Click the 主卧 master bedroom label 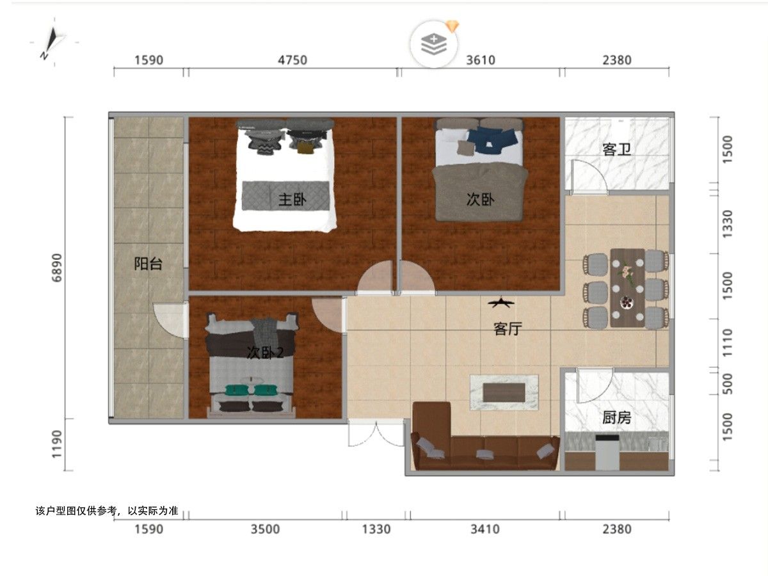click(x=292, y=200)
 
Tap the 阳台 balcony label click(x=148, y=264)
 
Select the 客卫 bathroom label click(x=616, y=150)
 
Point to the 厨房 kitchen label click(x=616, y=417)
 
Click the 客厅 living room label click(x=508, y=329)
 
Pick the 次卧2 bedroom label click(x=265, y=353)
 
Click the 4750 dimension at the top click(x=292, y=60)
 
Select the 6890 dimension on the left click(x=57, y=268)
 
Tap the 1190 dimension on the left click(x=57, y=444)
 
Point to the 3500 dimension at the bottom click(x=265, y=529)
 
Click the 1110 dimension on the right click(x=727, y=343)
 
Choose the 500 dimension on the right click(x=727, y=384)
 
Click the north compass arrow click(x=52, y=43)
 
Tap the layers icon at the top click(x=434, y=44)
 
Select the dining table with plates click(x=627, y=288)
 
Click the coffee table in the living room click(x=504, y=392)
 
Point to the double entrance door click(x=376, y=434)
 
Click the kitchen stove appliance click(x=607, y=452)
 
